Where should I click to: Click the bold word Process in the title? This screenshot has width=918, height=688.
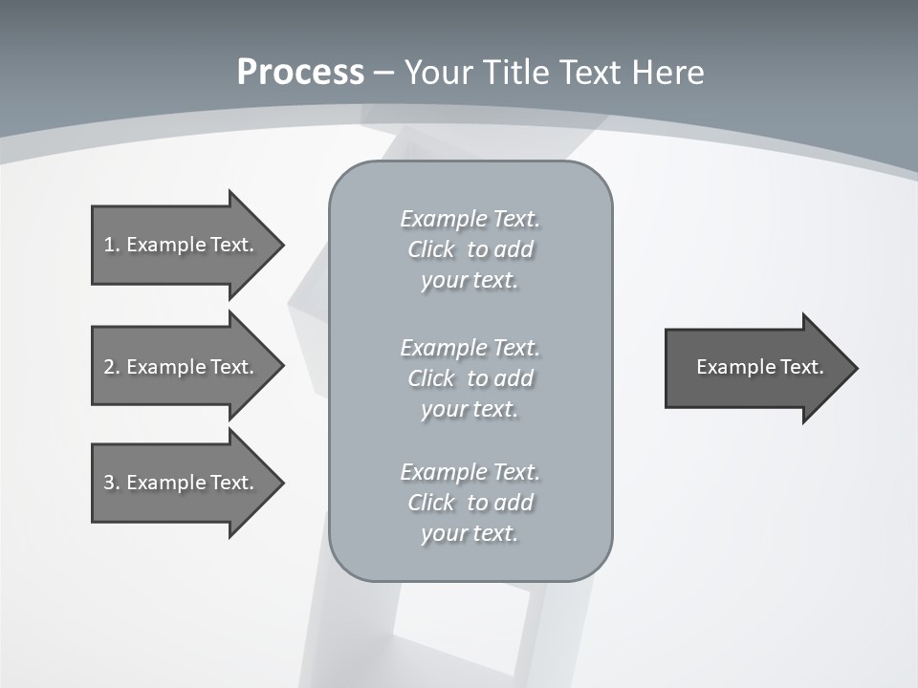click(300, 73)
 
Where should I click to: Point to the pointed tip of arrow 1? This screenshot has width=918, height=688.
click(280, 245)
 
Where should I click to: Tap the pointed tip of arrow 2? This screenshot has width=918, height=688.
click(280, 367)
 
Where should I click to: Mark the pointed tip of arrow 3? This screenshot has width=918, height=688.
click(280, 483)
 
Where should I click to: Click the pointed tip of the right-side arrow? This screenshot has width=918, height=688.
click(854, 368)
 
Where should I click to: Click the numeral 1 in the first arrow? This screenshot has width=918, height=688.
click(109, 245)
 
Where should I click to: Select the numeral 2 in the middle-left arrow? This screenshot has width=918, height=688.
click(109, 367)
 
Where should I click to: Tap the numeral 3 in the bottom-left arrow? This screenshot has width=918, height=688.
click(109, 483)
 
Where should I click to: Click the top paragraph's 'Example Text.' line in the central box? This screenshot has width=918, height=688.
click(470, 219)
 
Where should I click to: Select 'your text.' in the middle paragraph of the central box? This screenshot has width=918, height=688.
click(470, 409)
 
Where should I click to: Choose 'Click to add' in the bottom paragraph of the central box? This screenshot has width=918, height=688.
click(470, 503)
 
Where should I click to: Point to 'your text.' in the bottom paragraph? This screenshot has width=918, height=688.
click(470, 533)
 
